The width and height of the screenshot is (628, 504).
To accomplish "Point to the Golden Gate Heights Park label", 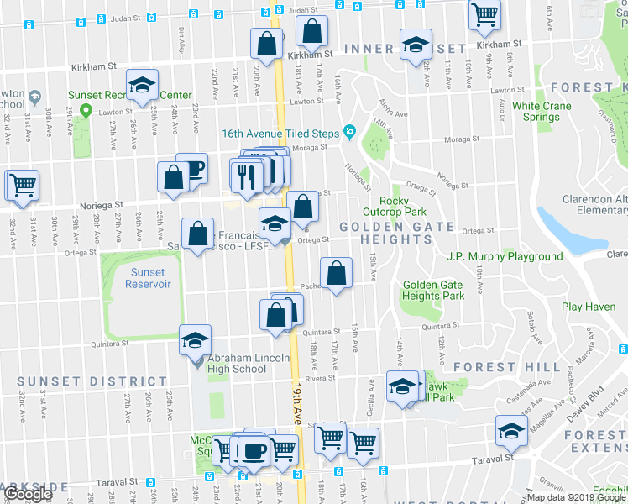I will (x=433, y=291).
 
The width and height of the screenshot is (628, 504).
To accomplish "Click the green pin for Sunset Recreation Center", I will (x=86, y=110).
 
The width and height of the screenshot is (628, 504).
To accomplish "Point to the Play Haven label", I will (x=589, y=307).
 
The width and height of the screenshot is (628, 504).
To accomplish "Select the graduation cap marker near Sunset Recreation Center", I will (x=143, y=85).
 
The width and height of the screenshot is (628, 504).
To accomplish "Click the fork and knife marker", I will (x=246, y=175).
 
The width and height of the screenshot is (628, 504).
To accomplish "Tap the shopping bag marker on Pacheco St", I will (x=336, y=273).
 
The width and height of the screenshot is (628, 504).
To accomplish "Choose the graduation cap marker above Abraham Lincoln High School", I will (x=195, y=340).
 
